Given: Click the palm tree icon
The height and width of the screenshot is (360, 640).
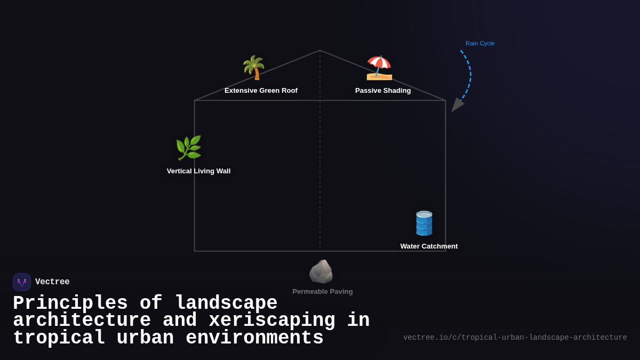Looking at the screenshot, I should coord(254,68).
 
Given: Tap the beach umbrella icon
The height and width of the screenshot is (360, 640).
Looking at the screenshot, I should coord(379,68).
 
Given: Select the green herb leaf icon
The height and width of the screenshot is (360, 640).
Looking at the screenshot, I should coord(189,148).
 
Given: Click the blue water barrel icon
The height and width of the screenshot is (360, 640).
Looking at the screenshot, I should coord(424,223).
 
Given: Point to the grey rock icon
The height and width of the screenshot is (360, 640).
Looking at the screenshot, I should coord(321,271).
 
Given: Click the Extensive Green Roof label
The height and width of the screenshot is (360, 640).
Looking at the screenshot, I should coord(261,91).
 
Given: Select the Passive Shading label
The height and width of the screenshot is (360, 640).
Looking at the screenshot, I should coord(383,91).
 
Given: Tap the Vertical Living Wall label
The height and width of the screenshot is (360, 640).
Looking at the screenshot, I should coord(198,171).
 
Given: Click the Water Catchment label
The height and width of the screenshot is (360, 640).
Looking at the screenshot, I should coord(429,246).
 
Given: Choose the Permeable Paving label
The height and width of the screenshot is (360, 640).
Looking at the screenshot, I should coord(322,292).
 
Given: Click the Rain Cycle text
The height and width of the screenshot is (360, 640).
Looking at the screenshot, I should coord(480,43).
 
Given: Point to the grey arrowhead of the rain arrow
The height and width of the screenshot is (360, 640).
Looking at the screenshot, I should coord(457,105).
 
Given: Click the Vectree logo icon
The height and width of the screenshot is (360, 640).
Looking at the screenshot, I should coord(22,282).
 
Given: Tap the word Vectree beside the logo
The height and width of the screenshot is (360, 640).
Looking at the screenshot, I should coord(52,282).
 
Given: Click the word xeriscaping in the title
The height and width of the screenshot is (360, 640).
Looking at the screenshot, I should coord(272,321).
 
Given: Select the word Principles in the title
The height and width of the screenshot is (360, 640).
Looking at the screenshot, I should coord(70,303).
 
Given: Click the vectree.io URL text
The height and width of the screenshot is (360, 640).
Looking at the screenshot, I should coord(515,338).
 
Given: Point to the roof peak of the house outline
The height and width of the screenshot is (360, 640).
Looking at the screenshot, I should coord(320,51).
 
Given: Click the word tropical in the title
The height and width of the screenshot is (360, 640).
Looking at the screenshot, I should coord(59,338).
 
